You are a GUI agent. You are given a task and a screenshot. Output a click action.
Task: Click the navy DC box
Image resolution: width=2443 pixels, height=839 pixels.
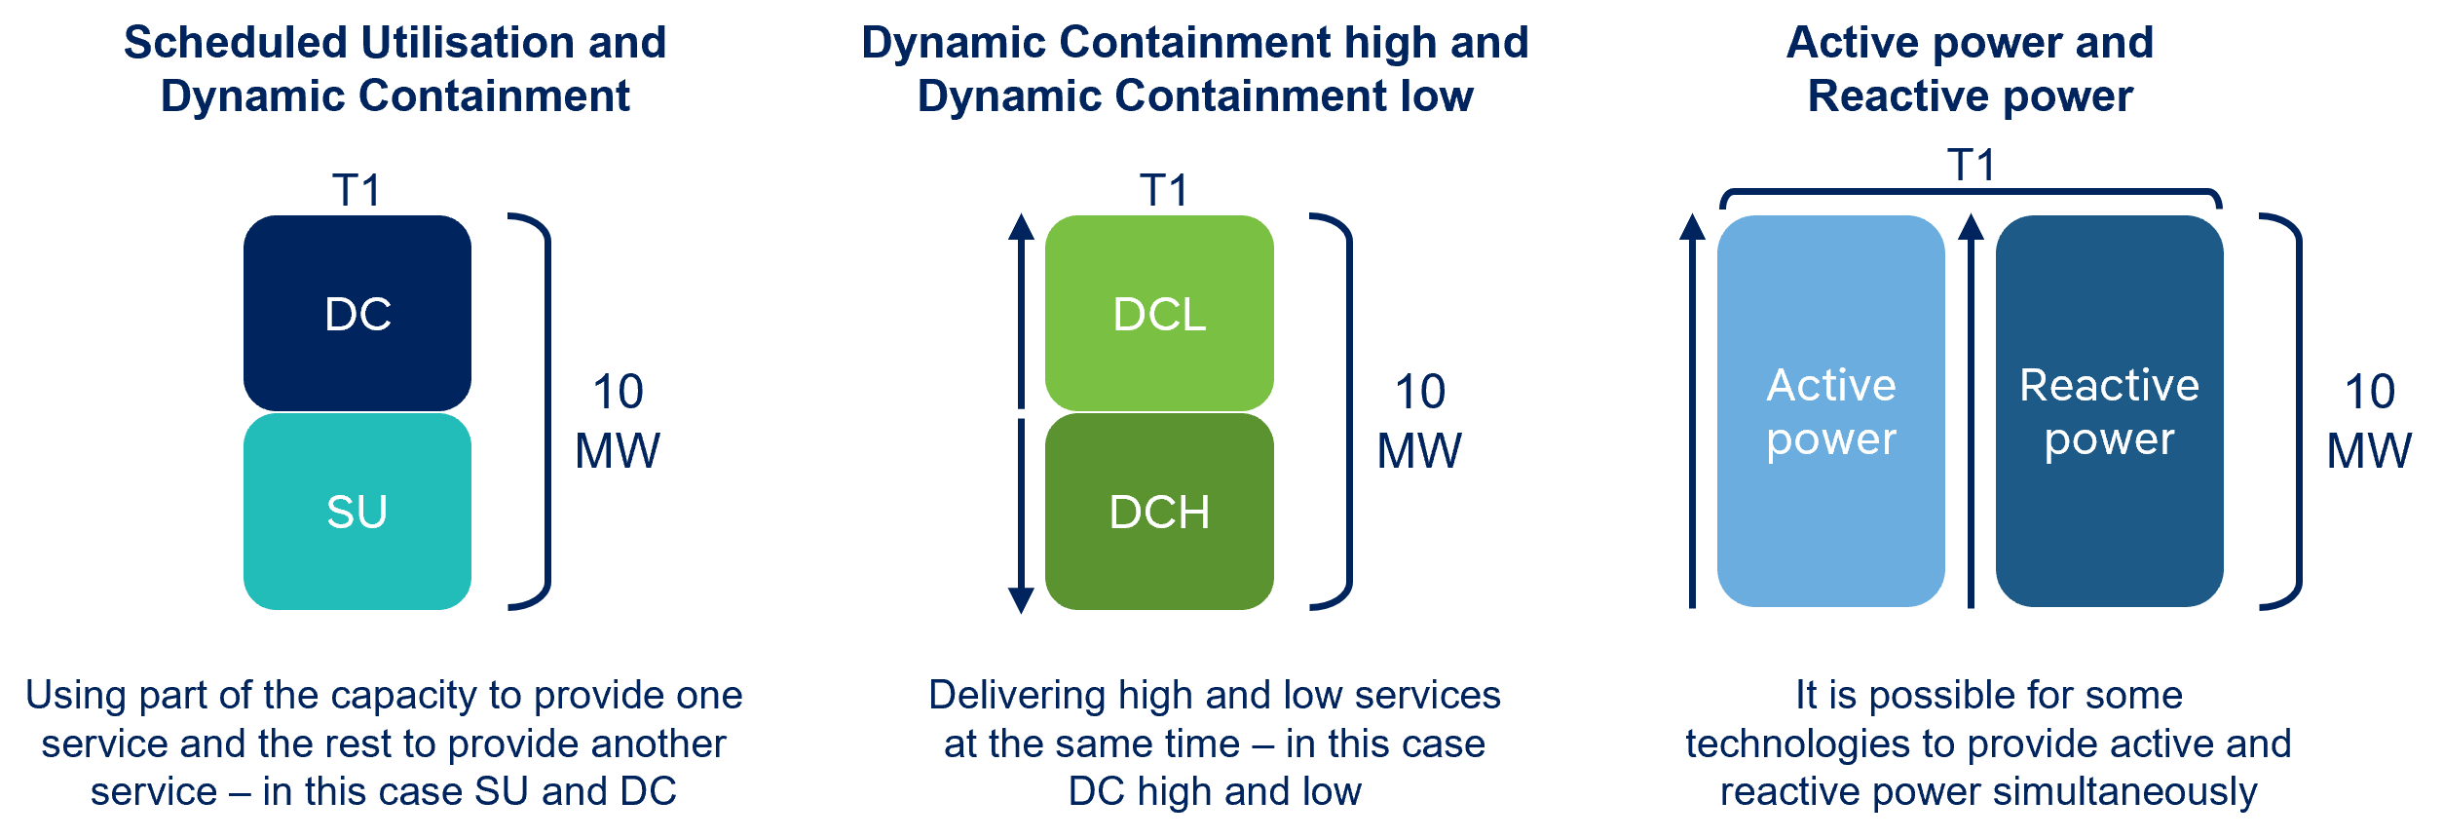point(357,313)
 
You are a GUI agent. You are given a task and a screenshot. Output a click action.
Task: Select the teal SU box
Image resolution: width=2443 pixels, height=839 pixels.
point(357,512)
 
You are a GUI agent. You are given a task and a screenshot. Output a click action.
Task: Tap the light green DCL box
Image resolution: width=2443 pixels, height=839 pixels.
point(1159,313)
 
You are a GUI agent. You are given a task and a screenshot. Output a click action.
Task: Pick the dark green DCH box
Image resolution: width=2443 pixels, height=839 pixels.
point(1159,512)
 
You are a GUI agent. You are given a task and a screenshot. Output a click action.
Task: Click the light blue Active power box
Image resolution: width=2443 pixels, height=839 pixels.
point(1830,411)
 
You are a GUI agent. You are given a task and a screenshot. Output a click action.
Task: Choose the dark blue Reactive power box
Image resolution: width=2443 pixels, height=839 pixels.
point(2109,411)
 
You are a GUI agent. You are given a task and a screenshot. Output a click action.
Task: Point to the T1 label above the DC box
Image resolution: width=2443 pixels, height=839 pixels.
point(357,189)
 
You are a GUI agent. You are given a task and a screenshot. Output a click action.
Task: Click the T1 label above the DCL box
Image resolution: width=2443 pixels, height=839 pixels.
point(1164,189)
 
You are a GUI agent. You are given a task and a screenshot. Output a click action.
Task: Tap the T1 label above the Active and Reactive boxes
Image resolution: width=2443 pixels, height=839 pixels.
point(1971,165)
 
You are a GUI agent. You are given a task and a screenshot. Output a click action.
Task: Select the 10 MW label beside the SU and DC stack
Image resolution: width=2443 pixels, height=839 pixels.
point(618,421)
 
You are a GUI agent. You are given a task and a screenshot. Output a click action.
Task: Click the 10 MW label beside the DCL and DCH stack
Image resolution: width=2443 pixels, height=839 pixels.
point(1419,421)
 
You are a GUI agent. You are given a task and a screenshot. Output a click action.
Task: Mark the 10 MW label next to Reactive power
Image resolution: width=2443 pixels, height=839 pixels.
point(2369,421)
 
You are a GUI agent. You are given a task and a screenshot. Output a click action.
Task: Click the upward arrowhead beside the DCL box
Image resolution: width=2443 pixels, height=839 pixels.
point(1021,227)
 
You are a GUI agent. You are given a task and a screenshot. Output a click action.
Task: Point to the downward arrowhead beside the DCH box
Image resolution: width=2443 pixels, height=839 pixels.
point(1021,599)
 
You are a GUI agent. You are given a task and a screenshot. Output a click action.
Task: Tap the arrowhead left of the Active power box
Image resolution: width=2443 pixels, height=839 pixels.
point(1693,227)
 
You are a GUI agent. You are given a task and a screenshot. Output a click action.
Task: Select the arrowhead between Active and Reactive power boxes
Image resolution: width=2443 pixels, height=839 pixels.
point(1971,227)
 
